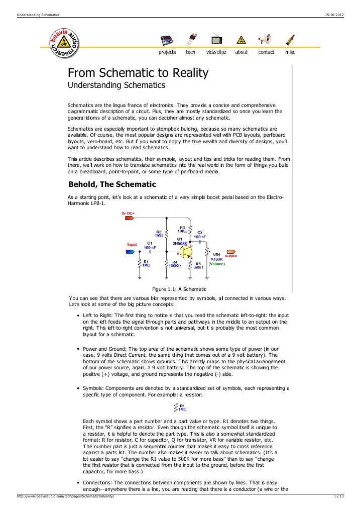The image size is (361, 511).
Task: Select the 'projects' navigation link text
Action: click(167, 52)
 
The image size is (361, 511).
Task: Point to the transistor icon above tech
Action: click(191, 39)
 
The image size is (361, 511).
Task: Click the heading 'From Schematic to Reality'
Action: click(138, 73)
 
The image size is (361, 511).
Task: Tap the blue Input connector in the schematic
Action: click(130, 251)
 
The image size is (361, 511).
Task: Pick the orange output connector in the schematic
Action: click(231, 251)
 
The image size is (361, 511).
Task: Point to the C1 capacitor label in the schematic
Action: click(150, 243)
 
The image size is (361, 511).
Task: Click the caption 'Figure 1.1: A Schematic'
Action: click(179, 288)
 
